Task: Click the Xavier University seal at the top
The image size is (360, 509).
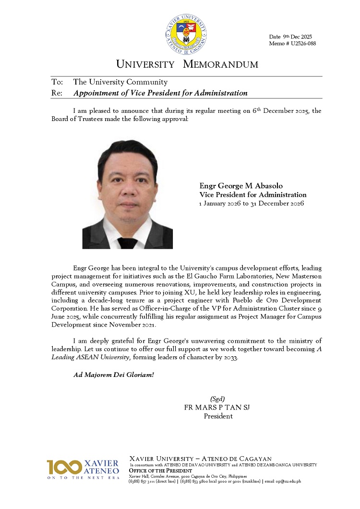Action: [x=186, y=35]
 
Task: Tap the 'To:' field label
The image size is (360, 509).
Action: [x=57, y=82]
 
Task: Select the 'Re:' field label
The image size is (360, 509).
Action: [x=57, y=93]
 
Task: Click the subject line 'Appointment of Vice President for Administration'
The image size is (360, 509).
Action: [x=160, y=93]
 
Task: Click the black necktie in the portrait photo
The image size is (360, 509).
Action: [x=128, y=242]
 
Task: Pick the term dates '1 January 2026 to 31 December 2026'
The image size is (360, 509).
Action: [x=252, y=204]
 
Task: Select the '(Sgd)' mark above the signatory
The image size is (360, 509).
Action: [x=217, y=399]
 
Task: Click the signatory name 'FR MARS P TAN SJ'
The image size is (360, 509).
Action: [x=217, y=408]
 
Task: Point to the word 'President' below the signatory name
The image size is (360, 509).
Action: [x=218, y=416]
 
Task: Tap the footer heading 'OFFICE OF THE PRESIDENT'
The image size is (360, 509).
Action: [x=161, y=471]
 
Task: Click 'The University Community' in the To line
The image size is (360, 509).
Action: [x=120, y=82]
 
